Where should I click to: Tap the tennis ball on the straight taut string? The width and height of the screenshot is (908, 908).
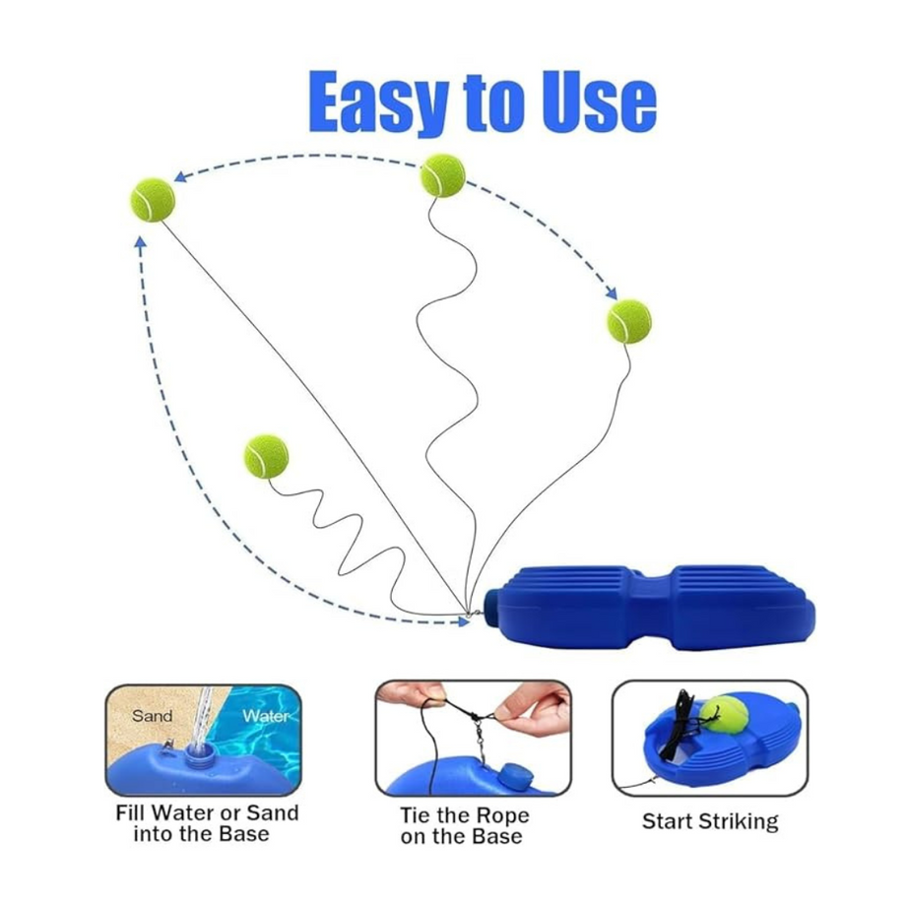[x=153, y=199]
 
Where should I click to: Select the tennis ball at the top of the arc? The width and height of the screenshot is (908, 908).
[x=442, y=175]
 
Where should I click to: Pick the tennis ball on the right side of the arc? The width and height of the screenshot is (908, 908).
[x=628, y=321]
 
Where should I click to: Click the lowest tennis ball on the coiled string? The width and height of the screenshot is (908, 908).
[x=266, y=457]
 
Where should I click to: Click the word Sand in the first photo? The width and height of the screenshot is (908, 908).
[x=152, y=716]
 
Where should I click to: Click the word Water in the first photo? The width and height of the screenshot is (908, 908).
[x=266, y=716]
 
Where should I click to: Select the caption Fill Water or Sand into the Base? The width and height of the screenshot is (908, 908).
[x=206, y=823]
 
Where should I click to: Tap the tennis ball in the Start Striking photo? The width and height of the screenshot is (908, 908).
[x=729, y=716]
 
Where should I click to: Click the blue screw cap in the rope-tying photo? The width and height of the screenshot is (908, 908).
[x=514, y=773]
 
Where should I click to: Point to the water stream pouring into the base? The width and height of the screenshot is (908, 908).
[x=203, y=715]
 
